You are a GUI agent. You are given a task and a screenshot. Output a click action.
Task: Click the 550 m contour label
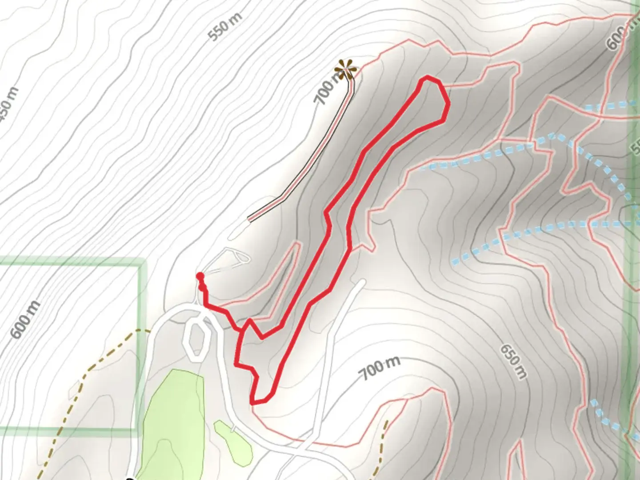(x=226, y=27)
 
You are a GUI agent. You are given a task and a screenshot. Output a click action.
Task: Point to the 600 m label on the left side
(x=25, y=320)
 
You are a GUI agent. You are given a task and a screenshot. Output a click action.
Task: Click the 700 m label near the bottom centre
(x=379, y=367)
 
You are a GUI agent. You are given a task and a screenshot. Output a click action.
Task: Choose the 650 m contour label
(x=513, y=361)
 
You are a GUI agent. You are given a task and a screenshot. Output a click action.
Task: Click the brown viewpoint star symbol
(x=346, y=70)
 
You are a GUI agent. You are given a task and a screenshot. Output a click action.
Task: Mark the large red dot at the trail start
(x=200, y=276)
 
